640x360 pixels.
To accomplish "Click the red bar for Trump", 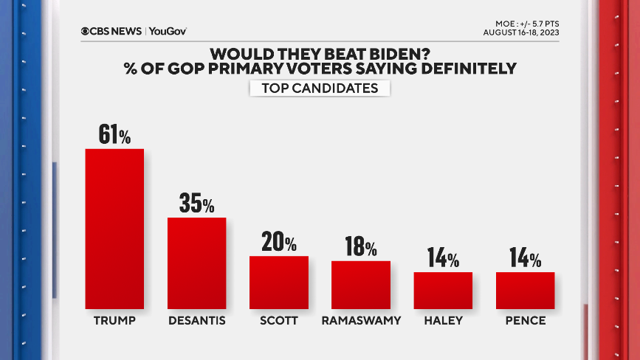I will pos(114,229).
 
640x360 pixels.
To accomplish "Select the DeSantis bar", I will pos(196,263).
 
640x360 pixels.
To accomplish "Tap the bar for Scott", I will pos(278,282).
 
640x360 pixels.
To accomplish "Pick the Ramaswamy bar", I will pos(360,284).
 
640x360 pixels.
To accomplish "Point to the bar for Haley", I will pos(442,290).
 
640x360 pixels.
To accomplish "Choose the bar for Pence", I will pos(525,290).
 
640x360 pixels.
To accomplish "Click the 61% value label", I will pos(114,134).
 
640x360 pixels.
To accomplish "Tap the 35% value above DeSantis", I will pos(196,204).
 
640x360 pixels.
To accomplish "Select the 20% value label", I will pos(278,242).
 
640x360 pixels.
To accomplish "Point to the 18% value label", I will pos(360,246).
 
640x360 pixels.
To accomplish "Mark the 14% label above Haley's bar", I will pos(442,258).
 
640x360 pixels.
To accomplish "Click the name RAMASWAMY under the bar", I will pos(360,321).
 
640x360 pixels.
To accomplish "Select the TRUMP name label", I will pos(114,321).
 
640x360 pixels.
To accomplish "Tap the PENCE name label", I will pos(525,321).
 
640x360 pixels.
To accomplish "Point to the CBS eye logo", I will pos(86,32).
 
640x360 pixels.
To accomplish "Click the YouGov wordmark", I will pos(168,32).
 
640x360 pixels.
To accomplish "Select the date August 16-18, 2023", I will pos(521,32).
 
